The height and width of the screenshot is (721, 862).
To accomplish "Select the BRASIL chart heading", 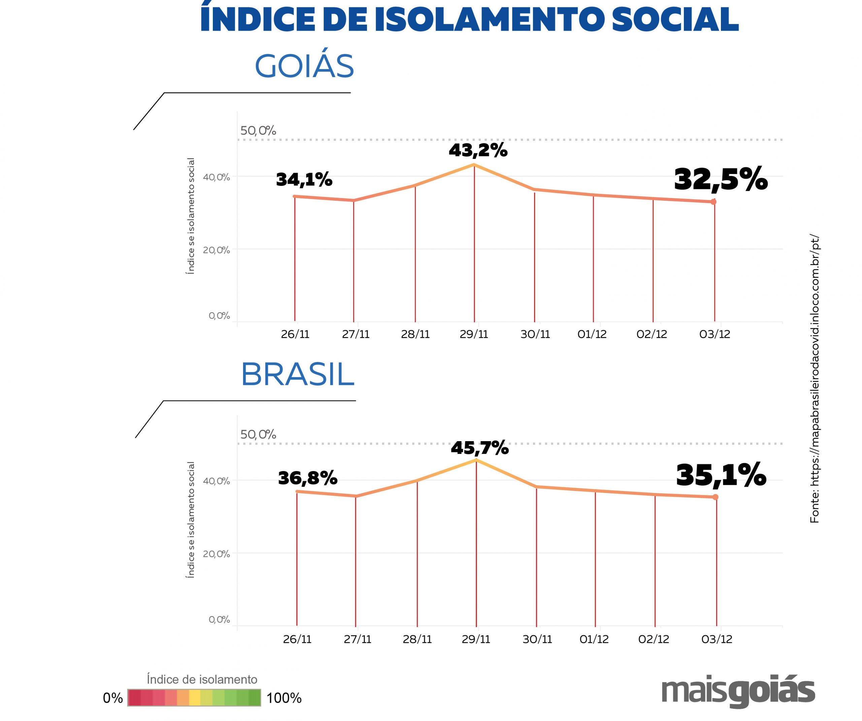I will (x=298, y=374).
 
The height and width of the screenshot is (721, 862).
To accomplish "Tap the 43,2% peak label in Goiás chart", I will (x=478, y=151).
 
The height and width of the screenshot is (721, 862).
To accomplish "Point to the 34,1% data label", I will (x=304, y=179).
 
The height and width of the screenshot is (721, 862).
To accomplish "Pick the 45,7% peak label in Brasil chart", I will (x=480, y=448).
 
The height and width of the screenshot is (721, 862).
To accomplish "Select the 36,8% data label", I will (x=308, y=478).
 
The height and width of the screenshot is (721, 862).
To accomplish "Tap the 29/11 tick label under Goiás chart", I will (x=474, y=334).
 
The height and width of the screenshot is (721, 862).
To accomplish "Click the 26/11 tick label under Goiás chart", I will (x=295, y=334).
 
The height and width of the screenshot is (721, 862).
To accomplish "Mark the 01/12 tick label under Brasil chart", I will (x=594, y=639).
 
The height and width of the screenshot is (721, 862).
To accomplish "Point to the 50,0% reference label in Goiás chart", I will (x=258, y=131).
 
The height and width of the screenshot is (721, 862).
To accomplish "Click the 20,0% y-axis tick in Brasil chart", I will (x=216, y=554).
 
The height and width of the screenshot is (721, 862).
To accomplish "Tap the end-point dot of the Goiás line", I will (x=714, y=202).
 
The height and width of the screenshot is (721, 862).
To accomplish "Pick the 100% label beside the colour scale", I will (x=284, y=698).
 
